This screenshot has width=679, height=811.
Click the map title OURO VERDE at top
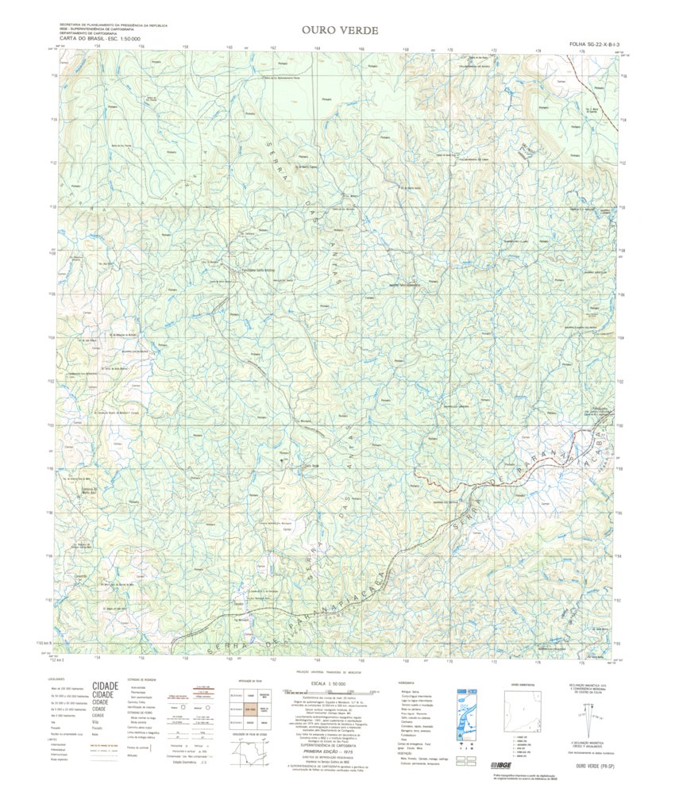(340, 31)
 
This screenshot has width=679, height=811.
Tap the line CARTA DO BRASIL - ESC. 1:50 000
(100, 38)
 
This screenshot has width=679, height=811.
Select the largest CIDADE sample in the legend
(106, 686)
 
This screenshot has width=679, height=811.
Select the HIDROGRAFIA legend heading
(406, 682)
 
